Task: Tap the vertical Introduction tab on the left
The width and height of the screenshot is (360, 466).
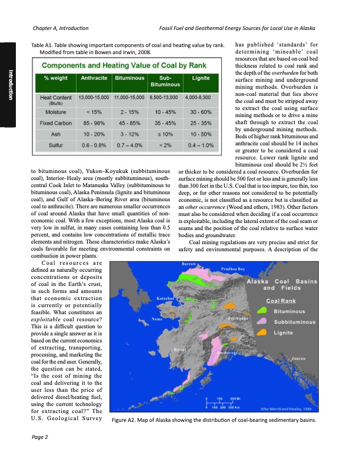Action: click(x=11, y=85)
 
